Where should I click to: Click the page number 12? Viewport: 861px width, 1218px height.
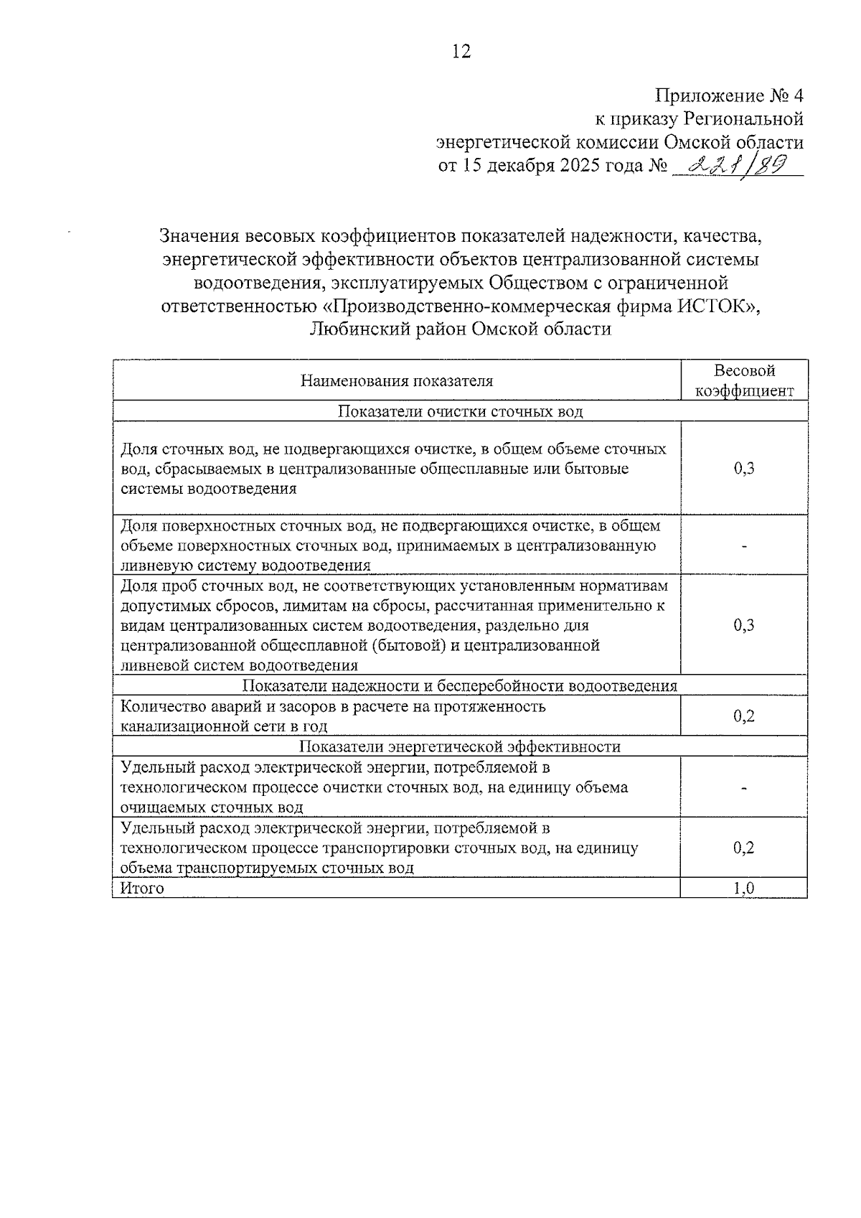(x=461, y=52)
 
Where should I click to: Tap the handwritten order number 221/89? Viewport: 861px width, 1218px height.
(x=733, y=166)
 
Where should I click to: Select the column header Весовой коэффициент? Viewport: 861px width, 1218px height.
(x=744, y=380)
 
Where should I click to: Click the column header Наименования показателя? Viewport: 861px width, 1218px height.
(x=396, y=381)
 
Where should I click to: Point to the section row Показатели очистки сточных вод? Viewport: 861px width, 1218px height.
(x=460, y=411)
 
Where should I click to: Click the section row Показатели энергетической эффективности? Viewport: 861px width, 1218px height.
(x=460, y=746)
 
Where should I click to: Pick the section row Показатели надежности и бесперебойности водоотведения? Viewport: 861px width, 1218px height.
(x=460, y=685)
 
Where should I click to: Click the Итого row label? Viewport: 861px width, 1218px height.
(x=142, y=889)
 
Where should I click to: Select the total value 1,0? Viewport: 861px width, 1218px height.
(x=744, y=889)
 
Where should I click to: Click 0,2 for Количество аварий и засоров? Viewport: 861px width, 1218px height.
(x=744, y=716)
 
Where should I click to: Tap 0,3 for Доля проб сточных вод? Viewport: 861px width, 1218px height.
(x=744, y=625)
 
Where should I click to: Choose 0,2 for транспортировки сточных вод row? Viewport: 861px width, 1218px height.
(x=744, y=848)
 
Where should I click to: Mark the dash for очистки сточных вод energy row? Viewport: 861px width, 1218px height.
(x=744, y=788)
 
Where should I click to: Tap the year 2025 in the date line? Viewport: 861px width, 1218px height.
(x=570, y=167)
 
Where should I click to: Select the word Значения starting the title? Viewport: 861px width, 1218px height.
(x=199, y=235)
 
